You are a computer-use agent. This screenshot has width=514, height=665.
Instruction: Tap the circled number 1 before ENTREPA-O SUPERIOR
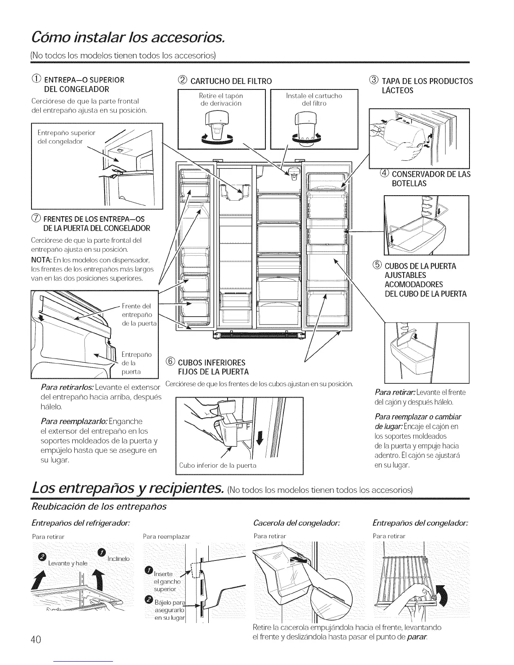point(36,80)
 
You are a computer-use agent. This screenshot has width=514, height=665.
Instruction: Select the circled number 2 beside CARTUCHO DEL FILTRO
point(182,81)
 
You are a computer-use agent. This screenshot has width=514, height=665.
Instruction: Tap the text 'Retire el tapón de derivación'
point(221,99)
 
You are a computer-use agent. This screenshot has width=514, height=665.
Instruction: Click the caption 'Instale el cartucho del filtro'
point(314,99)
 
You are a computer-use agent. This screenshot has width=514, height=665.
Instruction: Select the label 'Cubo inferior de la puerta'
point(218,465)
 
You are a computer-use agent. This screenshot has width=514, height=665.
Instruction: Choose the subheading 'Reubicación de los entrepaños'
point(99,506)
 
